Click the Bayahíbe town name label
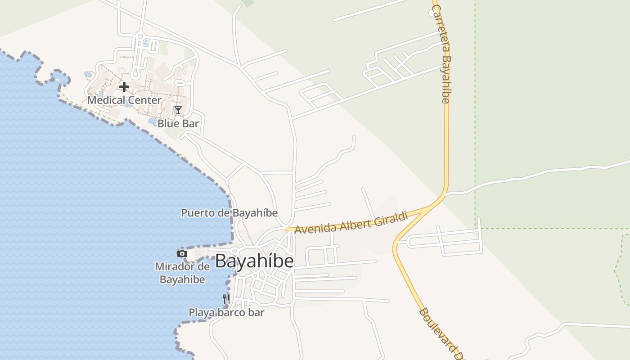pyautogui.click(x=254, y=261)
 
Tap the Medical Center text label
pyautogui.click(x=124, y=100)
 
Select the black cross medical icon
pyautogui.click(x=124, y=86)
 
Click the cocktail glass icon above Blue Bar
pyautogui.click(x=178, y=110)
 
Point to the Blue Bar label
pyautogui.click(x=178, y=123)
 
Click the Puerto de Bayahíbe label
pyautogui.click(x=229, y=213)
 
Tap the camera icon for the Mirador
pyautogui.click(x=182, y=254)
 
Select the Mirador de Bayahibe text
pyautogui.click(x=182, y=273)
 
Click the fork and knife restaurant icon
pyautogui.click(x=226, y=298)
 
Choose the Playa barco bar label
pyautogui.click(x=226, y=312)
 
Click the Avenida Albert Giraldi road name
pyautogui.click(x=351, y=222)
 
